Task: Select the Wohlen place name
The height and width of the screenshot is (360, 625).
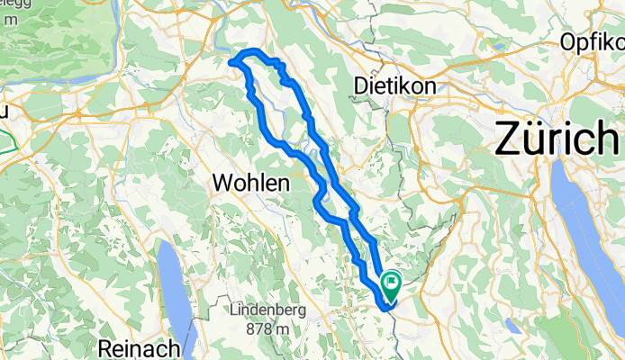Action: (x=250, y=184)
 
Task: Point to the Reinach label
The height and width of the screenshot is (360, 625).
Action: (x=141, y=347)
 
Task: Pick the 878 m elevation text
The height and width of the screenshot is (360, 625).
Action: (x=269, y=329)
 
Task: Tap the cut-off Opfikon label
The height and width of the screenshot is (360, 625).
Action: (x=592, y=41)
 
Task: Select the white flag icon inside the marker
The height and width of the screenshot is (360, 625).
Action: (x=393, y=283)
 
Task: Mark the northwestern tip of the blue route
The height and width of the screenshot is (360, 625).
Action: (x=232, y=62)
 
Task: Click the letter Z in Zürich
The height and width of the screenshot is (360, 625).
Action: (x=509, y=140)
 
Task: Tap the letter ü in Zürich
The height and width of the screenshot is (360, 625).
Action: (x=539, y=140)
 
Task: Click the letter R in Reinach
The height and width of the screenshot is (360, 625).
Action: (x=109, y=347)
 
